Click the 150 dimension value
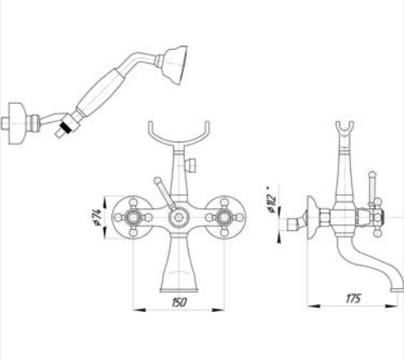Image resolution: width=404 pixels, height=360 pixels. [179, 302]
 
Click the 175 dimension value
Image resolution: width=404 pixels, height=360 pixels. [353, 298]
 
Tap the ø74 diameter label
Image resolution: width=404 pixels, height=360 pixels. [97, 218]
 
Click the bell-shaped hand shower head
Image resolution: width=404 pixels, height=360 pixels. [175, 65]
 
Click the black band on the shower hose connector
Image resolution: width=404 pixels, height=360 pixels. [66, 126]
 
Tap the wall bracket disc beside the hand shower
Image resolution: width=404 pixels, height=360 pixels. [17, 123]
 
